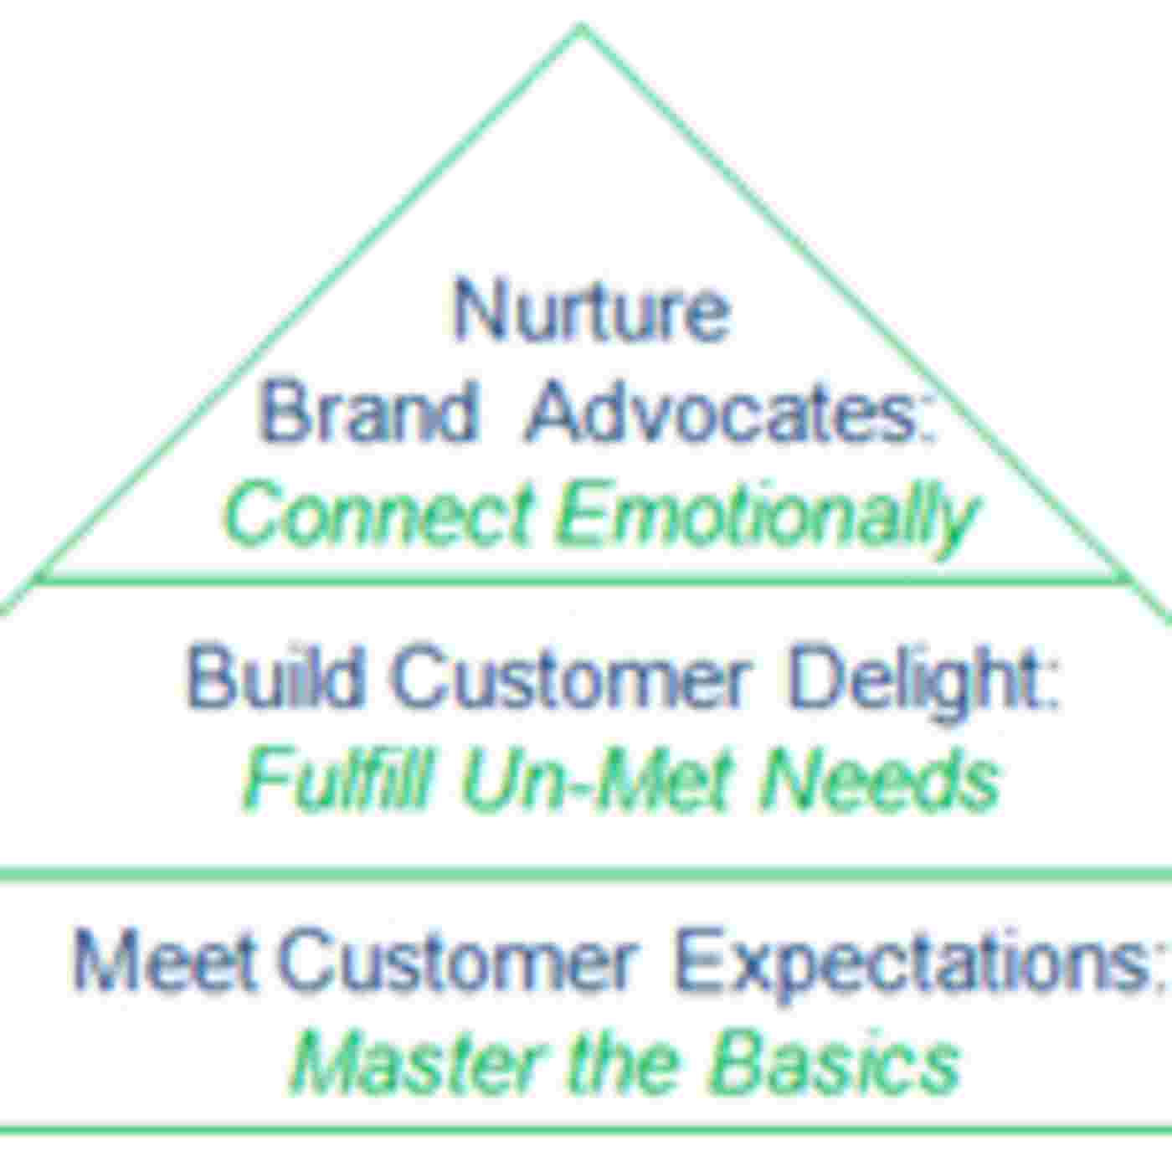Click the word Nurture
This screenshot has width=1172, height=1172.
[591, 311]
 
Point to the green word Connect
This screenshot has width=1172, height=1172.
[377, 513]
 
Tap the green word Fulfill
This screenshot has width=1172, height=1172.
[338, 779]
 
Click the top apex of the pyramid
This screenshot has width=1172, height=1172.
[582, 30]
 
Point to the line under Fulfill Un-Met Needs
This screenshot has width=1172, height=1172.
[586, 874]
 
